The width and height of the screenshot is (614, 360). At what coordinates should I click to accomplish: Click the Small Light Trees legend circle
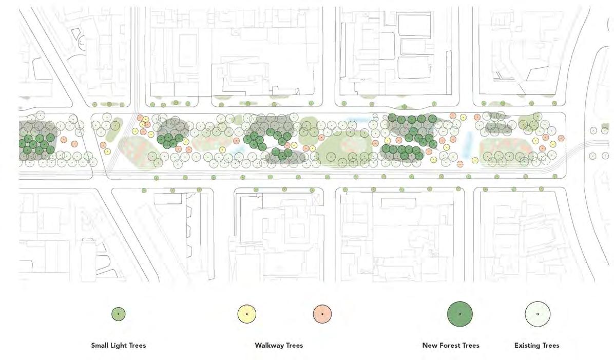[119, 313]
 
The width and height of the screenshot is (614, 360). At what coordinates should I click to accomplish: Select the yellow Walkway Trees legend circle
[247, 314]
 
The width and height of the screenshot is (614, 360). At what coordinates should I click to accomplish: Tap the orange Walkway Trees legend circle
[322, 314]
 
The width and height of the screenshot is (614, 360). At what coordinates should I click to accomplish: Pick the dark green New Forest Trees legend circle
[459, 314]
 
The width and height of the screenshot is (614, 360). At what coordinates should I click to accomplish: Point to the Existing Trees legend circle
[538, 314]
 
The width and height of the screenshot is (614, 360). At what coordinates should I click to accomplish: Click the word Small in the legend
[100, 346]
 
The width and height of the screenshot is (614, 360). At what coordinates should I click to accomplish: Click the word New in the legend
[430, 346]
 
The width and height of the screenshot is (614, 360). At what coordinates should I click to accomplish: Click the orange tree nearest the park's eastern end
[561, 138]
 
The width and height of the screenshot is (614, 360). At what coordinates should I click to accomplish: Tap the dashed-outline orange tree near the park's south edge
[460, 164]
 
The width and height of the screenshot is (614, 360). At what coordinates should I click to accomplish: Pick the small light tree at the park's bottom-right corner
[554, 177]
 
